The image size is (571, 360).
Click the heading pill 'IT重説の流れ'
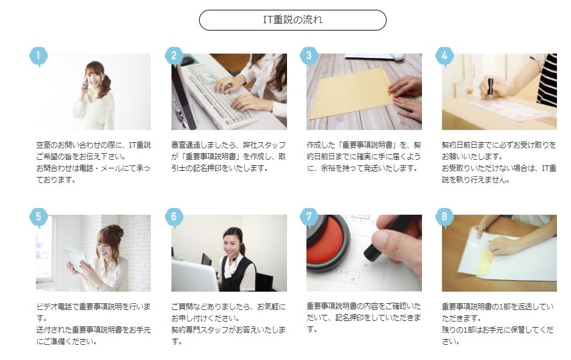[293, 20]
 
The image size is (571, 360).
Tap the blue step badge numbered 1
[38, 56]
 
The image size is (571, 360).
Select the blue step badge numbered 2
[173, 56]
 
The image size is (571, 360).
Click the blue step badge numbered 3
[309, 56]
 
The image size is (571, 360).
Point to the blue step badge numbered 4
[444, 56]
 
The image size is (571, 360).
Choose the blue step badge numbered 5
[38, 217]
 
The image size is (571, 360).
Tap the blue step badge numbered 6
[173, 217]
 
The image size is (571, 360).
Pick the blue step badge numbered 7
[309, 217]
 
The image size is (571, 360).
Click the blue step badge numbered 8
[444, 217]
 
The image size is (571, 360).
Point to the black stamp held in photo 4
[491, 87]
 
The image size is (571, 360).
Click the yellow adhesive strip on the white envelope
[484, 261]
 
